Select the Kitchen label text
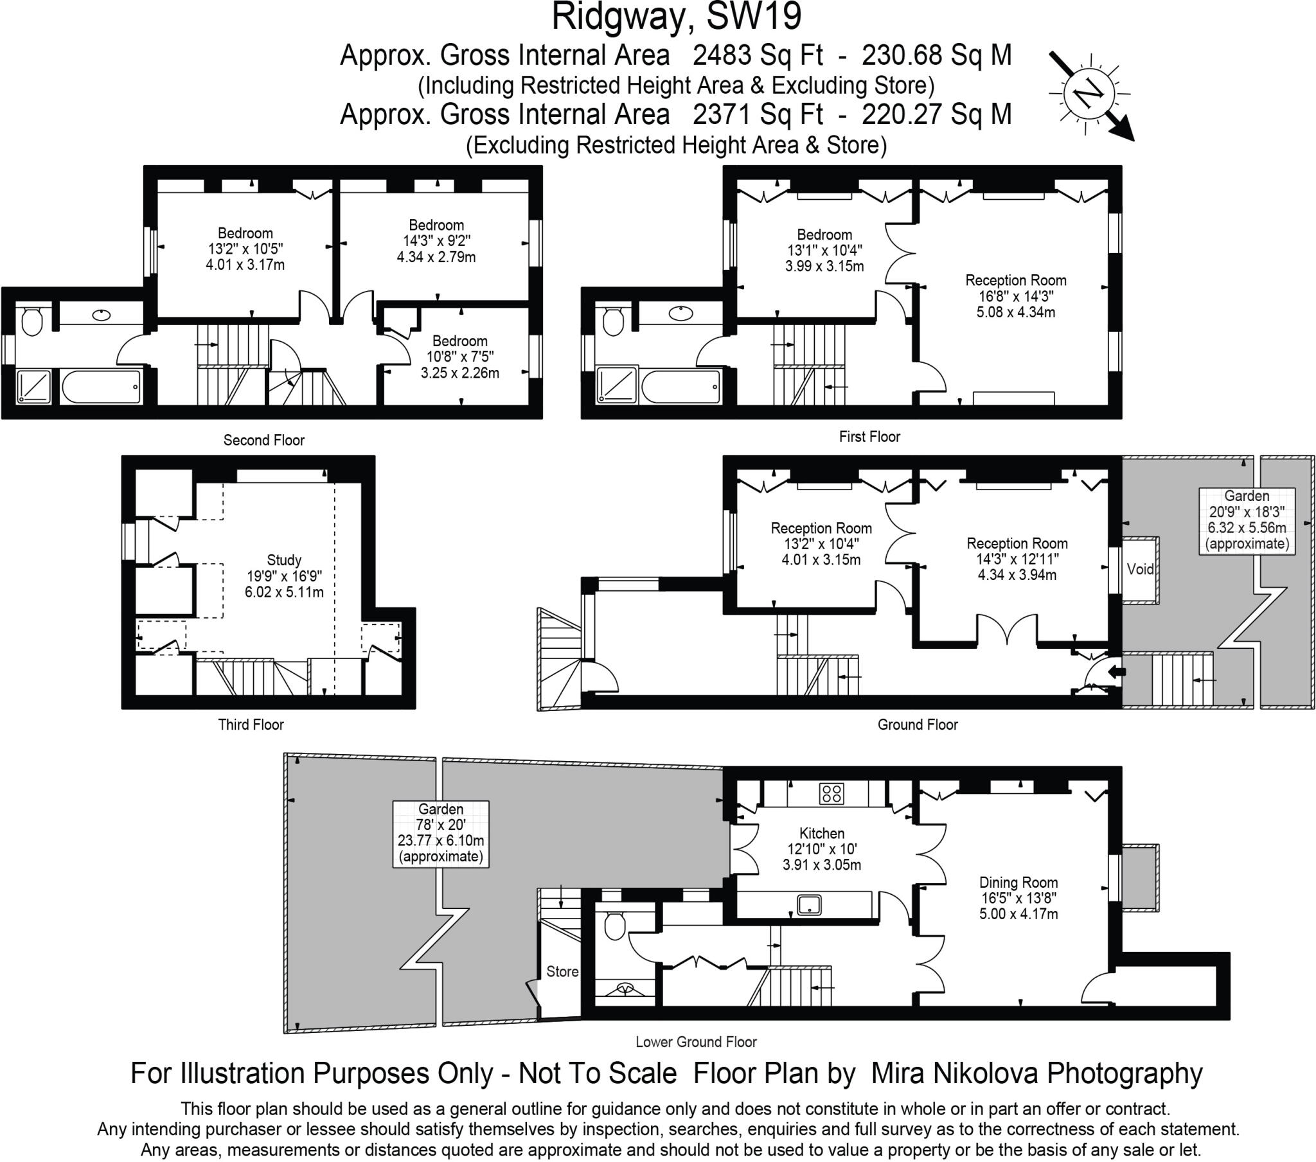[x=821, y=833]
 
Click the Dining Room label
[x=1018, y=883]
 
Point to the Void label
[x=1139, y=569]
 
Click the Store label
[x=562, y=971]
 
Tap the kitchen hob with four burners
[x=831, y=793]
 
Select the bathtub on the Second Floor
[x=101, y=386]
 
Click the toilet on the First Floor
[x=613, y=321]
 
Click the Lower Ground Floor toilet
[x=615, y=926]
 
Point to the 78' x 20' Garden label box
[x=440, y=833]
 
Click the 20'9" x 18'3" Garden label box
[x=1247, y=520]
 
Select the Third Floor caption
[x=251, y=725]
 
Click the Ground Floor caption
[x=918, y=725]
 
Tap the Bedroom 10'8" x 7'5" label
[x=459, y=357]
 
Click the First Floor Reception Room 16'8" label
[x=1015, y=296]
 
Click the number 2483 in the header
[x=722, y=55]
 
